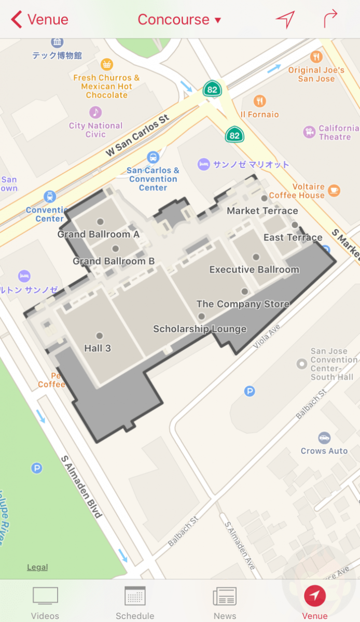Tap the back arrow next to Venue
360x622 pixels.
click(17, 20)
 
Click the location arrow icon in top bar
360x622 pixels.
click(285, 20)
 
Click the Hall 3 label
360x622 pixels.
click(98, 348)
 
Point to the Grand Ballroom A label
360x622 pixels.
click(98, 234)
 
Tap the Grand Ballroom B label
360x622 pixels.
click(114, 261)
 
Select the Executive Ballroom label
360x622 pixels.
click(254, 270)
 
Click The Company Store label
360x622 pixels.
click(243, 304)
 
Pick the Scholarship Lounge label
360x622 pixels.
click(200, 329)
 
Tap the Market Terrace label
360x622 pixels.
click(262, 211)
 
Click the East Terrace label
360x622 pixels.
click(293, 237)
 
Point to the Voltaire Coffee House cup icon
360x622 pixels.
click(334, 190)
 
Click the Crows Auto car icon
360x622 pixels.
click(324, 437)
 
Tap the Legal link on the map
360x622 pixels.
click(37, 567)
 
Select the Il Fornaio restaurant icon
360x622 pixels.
click(260, 101)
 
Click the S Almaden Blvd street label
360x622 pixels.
click(81, 487)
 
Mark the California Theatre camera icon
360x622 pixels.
click(310, 132)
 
